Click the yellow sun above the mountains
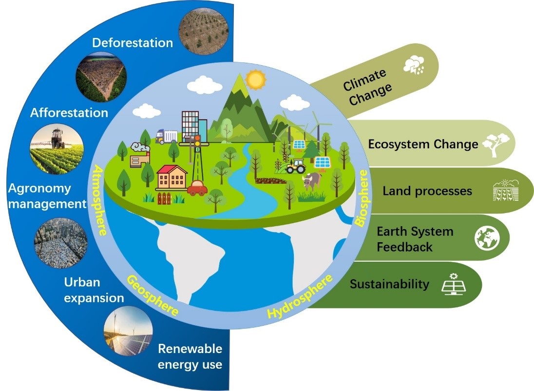point(255,79)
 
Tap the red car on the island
point(197,188)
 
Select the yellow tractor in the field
point(296,166)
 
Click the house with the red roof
point(172,177)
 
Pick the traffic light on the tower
point(197,141)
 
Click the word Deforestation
point(133,43)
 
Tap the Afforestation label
point(69,113)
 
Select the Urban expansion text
point(94,290)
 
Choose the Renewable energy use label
point(190,356)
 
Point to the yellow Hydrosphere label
point(300,296)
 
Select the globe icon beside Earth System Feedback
point(487,238)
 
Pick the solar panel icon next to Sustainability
point(454,284)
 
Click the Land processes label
point(427,191)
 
